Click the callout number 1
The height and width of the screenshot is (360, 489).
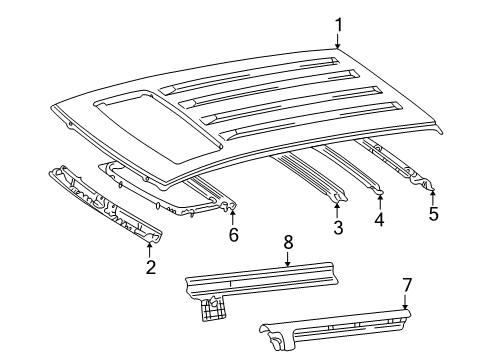click(x=338, y=25)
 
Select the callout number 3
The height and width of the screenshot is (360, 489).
click(x=338, y=229)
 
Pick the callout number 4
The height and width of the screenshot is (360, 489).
click(x=379, y=219)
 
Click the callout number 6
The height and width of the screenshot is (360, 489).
click(x=233, y=235)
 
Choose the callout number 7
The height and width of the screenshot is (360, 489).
click(x=406, y=286)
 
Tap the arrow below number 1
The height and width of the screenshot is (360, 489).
click(x=338, y=42)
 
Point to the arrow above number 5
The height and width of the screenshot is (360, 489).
click(x=432, y=193)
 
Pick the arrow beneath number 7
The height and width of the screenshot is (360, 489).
click(x=406, y=303)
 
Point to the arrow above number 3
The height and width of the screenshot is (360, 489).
click(x=338, y=211)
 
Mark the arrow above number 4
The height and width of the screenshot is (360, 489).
click(x=379, y=201)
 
